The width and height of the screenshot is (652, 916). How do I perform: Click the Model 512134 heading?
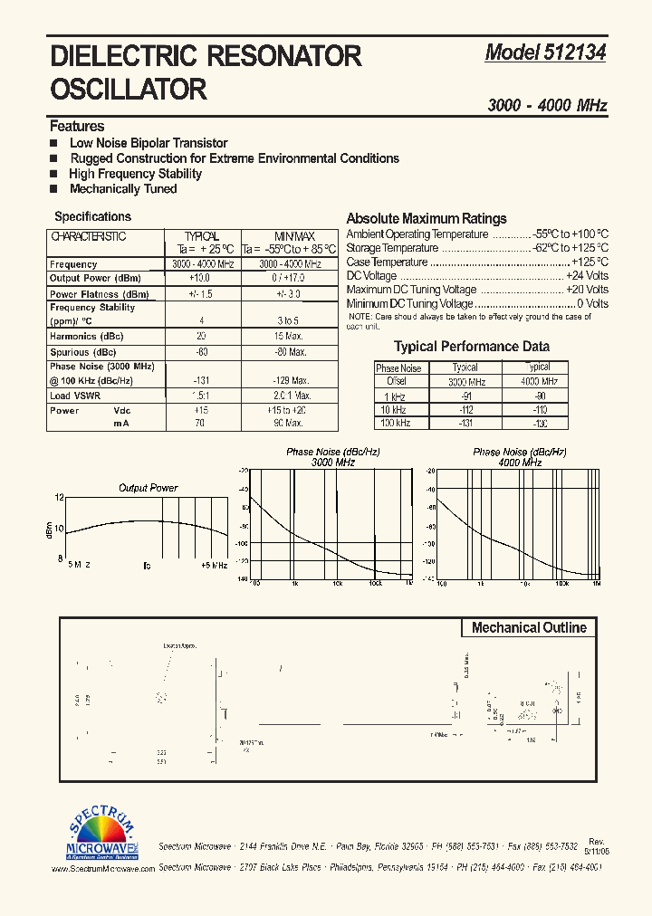click(545, 53)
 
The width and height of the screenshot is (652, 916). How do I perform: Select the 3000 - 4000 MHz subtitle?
click(547, 106)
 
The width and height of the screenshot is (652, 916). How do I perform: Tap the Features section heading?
click(77, 127)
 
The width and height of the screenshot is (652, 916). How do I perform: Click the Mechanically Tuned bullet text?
click(123, 189)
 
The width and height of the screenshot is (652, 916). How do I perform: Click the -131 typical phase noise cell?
click(202, 381)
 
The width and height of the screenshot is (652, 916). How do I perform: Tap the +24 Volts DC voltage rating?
click(587, 276)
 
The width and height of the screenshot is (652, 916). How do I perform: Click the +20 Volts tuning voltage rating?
click(587, 290)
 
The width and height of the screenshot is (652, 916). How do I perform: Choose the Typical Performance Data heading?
click(471, 347)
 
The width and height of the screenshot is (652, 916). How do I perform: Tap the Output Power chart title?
click(149, 488)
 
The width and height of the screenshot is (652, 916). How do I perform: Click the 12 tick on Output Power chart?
click(59, 498)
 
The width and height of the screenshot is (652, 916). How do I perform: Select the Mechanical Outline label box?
click(529, 628)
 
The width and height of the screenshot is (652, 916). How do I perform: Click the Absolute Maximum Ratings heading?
click(427, 219)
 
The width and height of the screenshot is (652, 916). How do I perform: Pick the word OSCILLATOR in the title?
click(129, 90)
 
